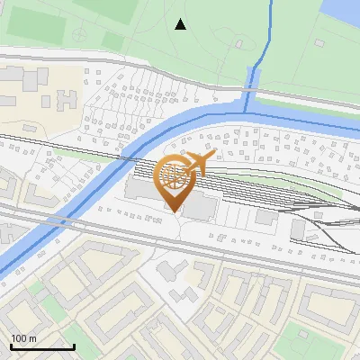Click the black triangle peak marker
pos(181,24)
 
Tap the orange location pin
pos(175,180)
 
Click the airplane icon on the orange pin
pos(199,164)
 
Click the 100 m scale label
pos(24,338)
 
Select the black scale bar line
pos(42,346)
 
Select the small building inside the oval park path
pos(238,42)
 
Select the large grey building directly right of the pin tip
pos(201,205)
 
